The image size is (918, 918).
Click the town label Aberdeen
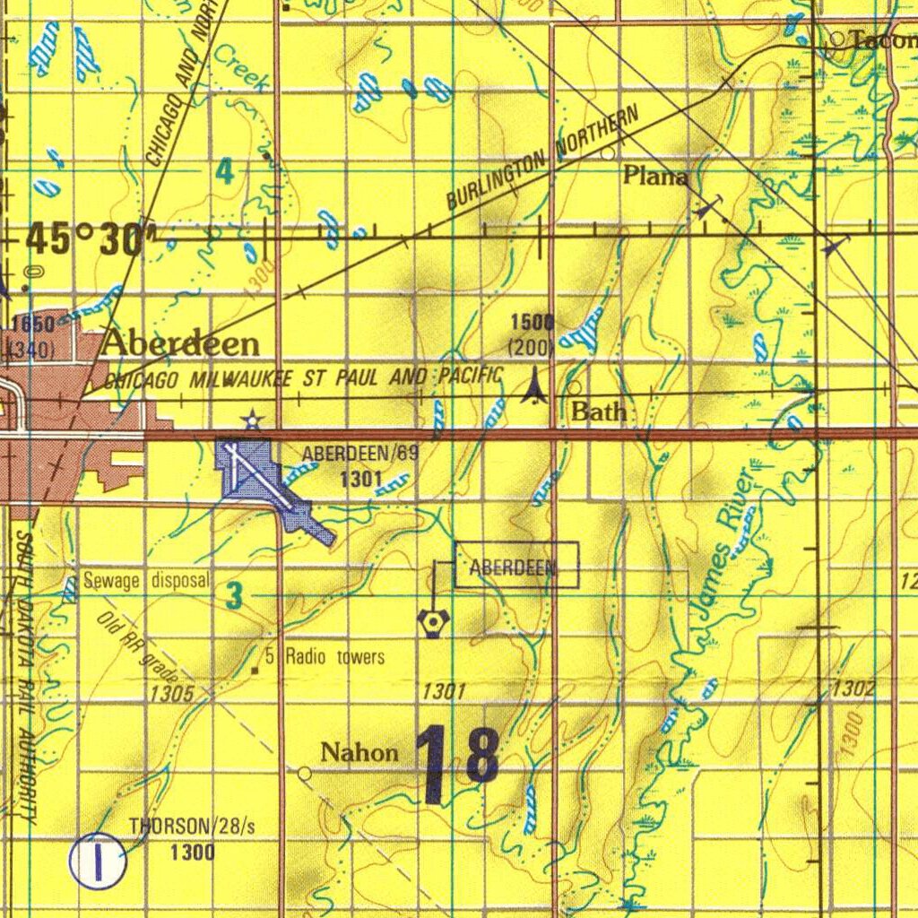tap(181, 343)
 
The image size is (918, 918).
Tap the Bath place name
tap(598, 412)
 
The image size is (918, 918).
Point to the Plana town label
tap(656, 177)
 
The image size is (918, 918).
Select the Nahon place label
tap(359, 752)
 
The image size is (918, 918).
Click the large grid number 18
tap(457, 765)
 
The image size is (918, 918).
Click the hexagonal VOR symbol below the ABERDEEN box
tap(433, 622)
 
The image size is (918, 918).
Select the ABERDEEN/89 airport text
tap(359, 454)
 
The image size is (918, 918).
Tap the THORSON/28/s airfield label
tap(192, 826)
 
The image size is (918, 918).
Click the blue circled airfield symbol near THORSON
tap(98, 861)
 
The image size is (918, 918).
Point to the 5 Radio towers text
tap(324, 657)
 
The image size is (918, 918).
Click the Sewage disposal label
tap(146, 581)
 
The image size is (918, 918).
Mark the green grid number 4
tap(225, 171)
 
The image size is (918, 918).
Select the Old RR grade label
tap(138, 647)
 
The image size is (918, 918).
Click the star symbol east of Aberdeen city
tap(253, 419)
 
